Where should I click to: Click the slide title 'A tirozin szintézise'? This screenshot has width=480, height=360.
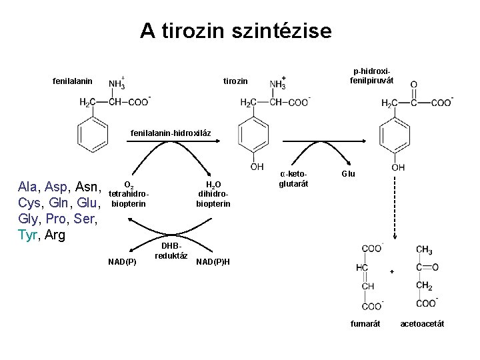pyautogui.click(x=235, y=31)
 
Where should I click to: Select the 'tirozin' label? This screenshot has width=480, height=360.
pyautogui.click(x=235, y=81)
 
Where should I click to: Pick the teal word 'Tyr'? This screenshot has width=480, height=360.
pyautogui.click(x=29, y=235)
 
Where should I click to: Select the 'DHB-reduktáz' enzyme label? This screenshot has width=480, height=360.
pyautogui.click(x=171, y=251)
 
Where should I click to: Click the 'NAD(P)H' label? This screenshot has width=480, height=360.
pyautogui.click(x=213, y=261)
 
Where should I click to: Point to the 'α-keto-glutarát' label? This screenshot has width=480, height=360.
pyautogui.click(x=294, y=179)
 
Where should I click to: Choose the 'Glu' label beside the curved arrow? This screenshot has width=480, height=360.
pyautogui.click(x=348, y=174)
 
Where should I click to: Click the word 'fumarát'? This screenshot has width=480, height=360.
pyautogui.click(x=365, y=324)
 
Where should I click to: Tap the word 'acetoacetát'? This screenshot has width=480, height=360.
pyautogui.click(x=422, y=324)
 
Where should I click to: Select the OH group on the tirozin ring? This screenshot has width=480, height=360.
pyautogui.click(x=257, y=167)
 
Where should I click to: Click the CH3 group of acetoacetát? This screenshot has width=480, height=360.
pyautogui.click(x=424, y=249)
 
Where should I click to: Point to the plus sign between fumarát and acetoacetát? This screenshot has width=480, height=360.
pyautogui.click(x=392, y=271)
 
